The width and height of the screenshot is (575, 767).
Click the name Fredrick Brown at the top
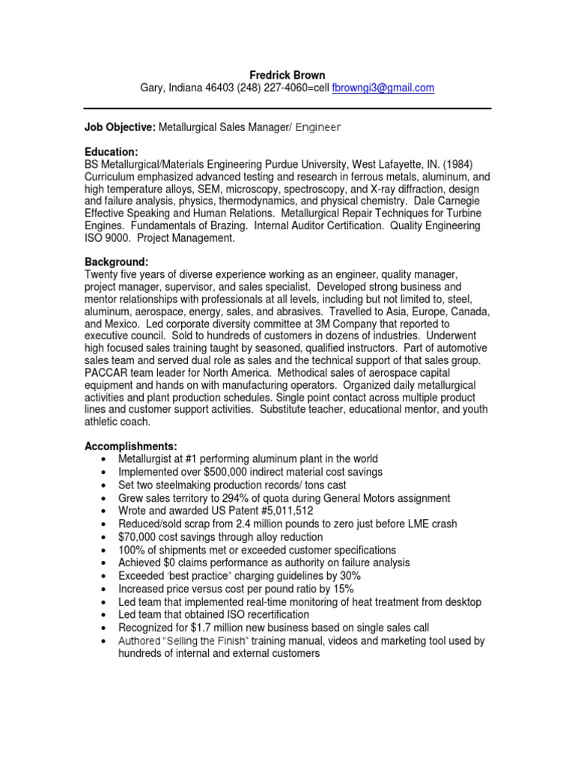[287, 74]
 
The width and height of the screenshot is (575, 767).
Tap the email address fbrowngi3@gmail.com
[383, 88]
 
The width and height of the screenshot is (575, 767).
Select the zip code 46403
[218, 88]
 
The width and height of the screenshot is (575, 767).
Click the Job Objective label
[120, 128]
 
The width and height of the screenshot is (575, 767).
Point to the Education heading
[112, 151]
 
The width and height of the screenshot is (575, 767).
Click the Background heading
[116, 262]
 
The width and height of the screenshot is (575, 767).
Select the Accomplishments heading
[131, 446]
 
